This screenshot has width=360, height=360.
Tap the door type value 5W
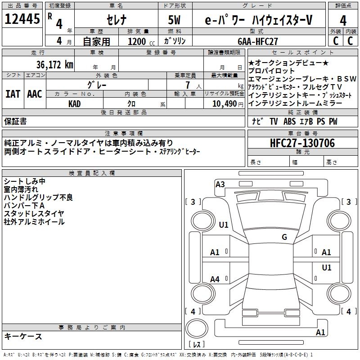(x=175, y=20)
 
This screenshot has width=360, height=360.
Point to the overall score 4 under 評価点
(x=343, y=21)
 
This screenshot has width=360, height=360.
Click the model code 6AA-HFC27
(x=258, y=41)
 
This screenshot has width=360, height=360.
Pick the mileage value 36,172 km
(x=55, y=64)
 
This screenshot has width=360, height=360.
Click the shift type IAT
(x=13, y=94)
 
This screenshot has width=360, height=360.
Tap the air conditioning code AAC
(x=35, y=94)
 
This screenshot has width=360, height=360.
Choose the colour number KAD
(x=75, y=103)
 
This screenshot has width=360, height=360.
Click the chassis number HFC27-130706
(x=302, y=143)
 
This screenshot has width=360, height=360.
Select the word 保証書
(x=15, y=121)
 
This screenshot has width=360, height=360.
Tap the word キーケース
(x=23, y=337)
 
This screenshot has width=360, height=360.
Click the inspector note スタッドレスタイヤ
(x=34, y=213)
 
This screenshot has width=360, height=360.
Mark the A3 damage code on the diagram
(x=220, y=184)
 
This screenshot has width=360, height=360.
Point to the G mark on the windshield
(x=284, y=237)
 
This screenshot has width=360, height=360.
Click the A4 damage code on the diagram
(x=215, y=279)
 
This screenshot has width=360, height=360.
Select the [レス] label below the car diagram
(x=197, y=345)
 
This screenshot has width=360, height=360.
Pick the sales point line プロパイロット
(x=272, y=71)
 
